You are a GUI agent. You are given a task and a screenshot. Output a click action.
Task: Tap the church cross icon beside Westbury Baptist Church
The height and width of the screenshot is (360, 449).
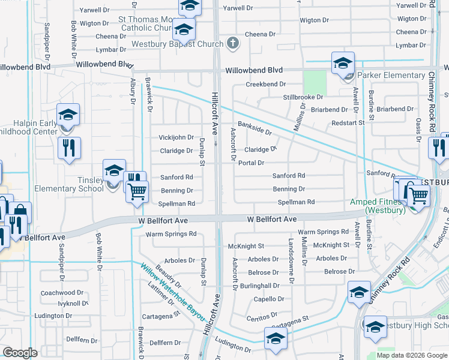[x=233, y=43]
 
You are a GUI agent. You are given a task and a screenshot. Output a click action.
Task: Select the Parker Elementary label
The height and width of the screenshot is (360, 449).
[x=391, y=75]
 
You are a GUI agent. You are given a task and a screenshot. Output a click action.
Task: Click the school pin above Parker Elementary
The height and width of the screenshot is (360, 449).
[x=343, y=62]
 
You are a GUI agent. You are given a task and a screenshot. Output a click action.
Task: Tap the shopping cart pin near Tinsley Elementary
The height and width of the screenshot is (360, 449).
[x=138, y=192]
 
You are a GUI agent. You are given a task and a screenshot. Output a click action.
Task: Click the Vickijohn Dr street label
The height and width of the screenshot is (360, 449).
[x=176, y=137]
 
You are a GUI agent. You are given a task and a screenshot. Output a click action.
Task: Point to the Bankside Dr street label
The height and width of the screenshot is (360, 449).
[x=255, y=128]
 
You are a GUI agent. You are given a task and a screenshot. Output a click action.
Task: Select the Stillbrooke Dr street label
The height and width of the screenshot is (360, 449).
[x=303, y=97]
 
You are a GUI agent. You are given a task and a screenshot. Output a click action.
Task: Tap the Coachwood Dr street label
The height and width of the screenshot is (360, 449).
[x=58, y=293]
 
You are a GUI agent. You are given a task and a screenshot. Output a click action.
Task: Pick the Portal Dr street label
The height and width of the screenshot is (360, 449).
[x=251, y=163]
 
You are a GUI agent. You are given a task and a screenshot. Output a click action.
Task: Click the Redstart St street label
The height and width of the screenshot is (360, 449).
[x=348, y=122]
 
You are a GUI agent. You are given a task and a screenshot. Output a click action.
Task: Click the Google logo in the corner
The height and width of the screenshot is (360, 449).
[x=20, y=353]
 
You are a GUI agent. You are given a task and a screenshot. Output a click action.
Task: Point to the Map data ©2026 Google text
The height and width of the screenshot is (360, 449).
[x=411, y=355]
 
